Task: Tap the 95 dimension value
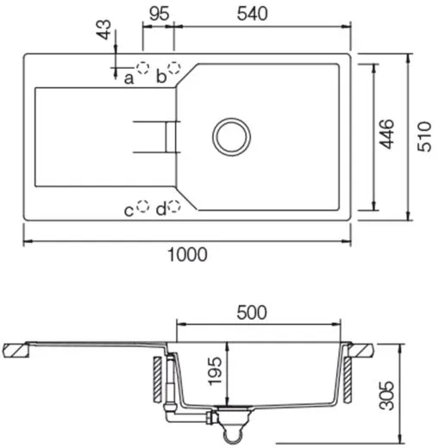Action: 158,13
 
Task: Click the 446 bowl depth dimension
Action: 387,136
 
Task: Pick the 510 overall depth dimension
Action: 423,136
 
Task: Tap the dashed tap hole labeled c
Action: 144,207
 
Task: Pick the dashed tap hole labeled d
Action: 174,207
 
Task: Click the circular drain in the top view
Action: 232,136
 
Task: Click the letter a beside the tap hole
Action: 129,78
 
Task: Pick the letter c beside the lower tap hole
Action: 129,209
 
